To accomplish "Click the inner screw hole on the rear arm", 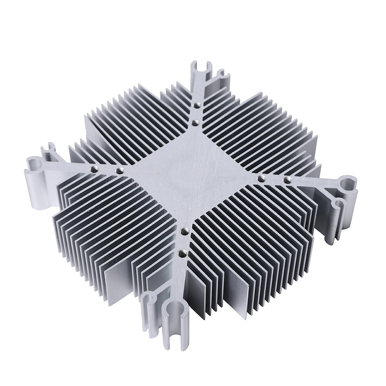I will pyautogui.click(x=195, y=123).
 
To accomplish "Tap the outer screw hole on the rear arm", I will pyautogui.click(x=197, y=105).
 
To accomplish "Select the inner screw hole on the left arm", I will pyautogui.click(x=118, y=170).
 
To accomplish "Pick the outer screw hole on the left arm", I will pyautogui.click(x=94, y=168).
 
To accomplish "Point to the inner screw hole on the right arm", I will pyautogui.click(x=261, y=178).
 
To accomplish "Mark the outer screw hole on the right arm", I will pyautogui.click(x=287, y=180).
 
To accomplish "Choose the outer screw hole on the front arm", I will pyautogui.click(x=181, y=254).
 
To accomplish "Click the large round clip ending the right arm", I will pyautogui.click(x=347, y=183).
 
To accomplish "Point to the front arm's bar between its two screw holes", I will pyautogui.click(x=183, y=242).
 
